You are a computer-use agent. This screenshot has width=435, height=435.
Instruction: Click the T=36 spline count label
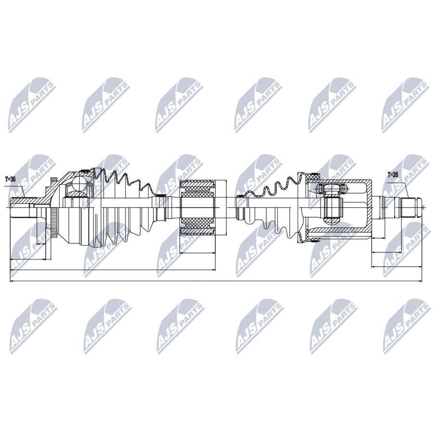tap(10, 179)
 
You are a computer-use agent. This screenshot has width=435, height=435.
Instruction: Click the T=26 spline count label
tap(393, 174)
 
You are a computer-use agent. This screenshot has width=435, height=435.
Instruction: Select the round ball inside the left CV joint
tap(80, 183)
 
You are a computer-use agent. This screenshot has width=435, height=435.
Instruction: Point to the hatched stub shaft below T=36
tap(24, 200)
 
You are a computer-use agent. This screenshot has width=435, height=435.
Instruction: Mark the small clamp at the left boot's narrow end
tap(159, 196)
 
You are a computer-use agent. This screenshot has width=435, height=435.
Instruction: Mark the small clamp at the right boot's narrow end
tap(240, 196)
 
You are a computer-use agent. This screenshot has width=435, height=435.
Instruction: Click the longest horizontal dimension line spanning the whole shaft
tap(216, 281)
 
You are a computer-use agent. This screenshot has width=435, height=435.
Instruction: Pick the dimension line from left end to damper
tap(112, 270)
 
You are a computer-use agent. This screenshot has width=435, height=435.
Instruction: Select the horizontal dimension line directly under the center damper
tap(198, 253)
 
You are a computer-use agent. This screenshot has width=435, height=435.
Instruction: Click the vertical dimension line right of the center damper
tap(226, 208)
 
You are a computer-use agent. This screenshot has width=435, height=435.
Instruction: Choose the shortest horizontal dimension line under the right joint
tap(378, 238)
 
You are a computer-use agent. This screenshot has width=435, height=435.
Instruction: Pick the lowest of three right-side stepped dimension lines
tap(397, 267)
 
